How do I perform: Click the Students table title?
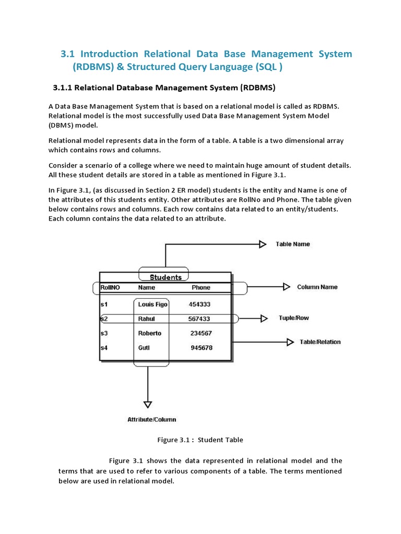click(166, 277)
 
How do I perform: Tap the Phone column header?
click(201, 287)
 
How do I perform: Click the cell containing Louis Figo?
click(152, 304)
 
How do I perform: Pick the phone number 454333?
click(199, 304)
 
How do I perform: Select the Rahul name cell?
click(147, 319)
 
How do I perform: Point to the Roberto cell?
click(150, 333)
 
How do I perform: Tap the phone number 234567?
click(202, 333)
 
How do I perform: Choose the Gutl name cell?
click(144, 348)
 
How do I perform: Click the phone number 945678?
click(202, 348)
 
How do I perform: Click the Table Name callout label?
click(292, 244)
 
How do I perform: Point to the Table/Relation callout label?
click(320, 342)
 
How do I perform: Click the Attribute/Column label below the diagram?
click(152, 419)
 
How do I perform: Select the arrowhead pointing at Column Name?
click(286, 287)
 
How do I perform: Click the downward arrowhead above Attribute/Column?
click(148, 404)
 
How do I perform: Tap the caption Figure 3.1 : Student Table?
click(200, 440)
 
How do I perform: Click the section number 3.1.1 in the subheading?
click(66, 86)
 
